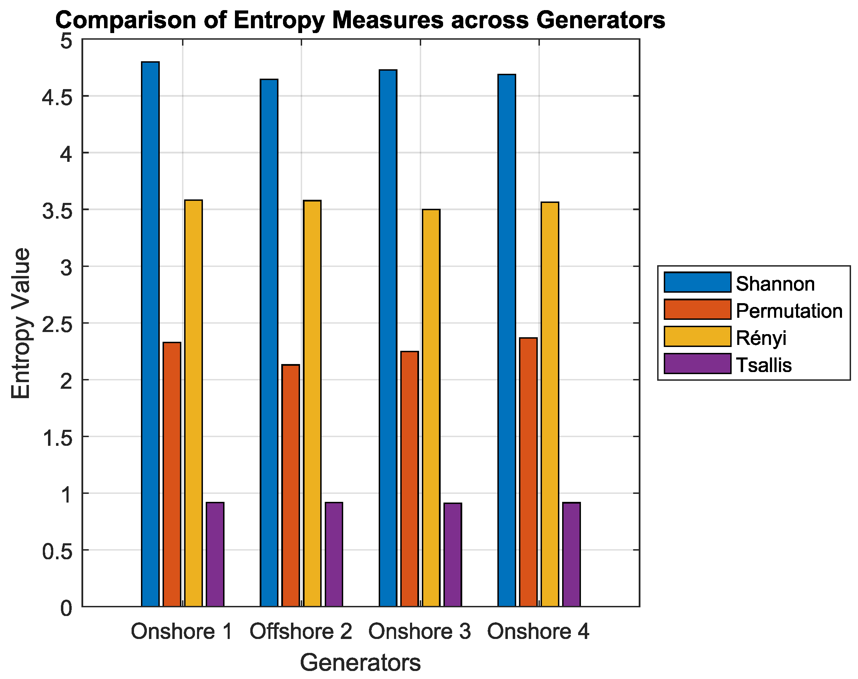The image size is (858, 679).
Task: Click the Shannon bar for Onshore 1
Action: point(150,334)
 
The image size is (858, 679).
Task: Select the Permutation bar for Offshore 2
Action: point(291,485)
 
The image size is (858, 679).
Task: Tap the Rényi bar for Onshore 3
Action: point(431,408)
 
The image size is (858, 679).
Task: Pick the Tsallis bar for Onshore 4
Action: point(571,554)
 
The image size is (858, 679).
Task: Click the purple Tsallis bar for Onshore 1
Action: point(215,554)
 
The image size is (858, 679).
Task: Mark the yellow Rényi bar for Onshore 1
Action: point(193,403)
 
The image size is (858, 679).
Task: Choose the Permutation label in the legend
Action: point(789,310)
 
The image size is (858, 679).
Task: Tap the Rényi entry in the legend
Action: point(761,338)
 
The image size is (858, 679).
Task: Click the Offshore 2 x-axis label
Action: point(301,631)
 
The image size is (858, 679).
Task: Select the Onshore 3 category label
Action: point(419,631)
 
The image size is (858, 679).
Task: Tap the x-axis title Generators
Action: point(360,663)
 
